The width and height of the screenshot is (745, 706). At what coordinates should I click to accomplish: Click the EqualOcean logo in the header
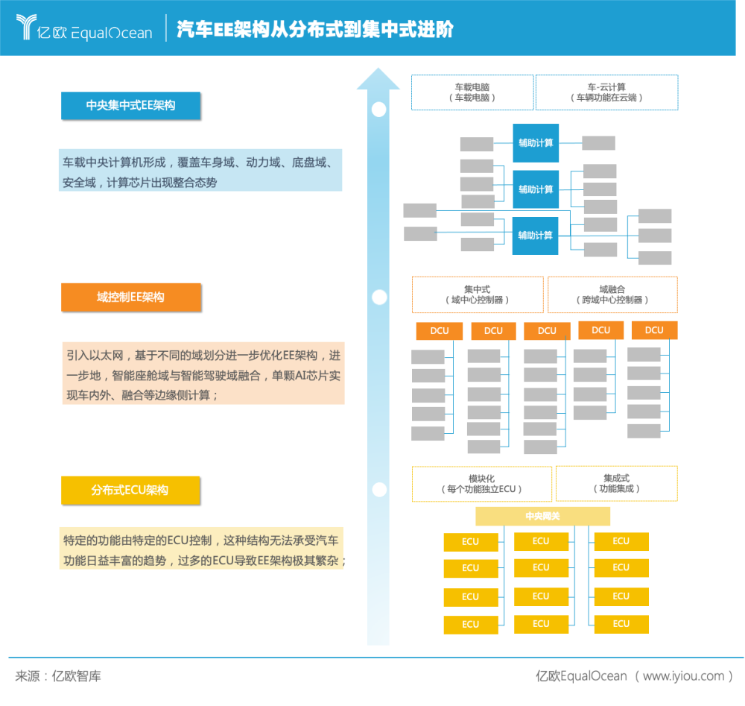pos(85,28)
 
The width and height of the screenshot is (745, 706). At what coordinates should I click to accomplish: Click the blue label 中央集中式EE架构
pos(130,105)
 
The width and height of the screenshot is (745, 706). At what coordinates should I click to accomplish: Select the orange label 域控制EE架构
pos(131,297)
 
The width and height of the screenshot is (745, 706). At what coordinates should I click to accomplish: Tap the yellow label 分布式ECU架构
pos(130,490)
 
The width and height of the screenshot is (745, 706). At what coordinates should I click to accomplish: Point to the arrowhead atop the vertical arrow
pos(378,78)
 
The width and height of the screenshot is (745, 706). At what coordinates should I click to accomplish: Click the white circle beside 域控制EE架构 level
pos(379,297)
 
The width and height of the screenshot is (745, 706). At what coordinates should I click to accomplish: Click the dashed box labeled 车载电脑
pos(472,92)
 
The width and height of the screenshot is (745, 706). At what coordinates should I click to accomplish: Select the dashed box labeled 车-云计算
pos(606,92)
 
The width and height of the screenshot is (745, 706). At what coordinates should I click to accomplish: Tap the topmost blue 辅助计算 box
pos(536,143)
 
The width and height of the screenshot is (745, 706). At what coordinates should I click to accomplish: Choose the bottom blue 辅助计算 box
pos(536,236)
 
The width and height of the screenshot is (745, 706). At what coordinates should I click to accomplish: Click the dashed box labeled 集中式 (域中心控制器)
pos(478,294)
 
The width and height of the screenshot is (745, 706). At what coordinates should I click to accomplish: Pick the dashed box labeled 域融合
pos(612,294)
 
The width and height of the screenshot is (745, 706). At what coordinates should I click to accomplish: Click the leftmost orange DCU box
pos(440,331)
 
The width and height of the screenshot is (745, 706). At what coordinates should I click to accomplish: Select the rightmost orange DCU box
pos(654,330)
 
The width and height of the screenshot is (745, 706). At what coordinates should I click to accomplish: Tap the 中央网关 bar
pos(542,517)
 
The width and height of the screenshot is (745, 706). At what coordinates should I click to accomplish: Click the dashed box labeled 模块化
pos(482,484)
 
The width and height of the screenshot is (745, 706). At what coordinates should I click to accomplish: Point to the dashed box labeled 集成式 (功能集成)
pos(617,484)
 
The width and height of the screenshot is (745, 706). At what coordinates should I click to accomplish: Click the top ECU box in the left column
pos(471,542)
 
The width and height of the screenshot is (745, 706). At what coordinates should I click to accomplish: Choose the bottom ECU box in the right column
pos(621,624)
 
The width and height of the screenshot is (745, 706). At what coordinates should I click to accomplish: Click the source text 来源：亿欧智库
pos(58,676)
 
